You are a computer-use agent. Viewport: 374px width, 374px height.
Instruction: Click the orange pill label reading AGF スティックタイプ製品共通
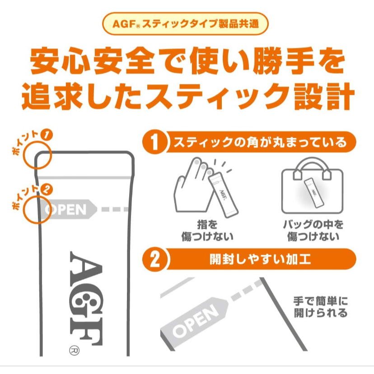pos(185,24)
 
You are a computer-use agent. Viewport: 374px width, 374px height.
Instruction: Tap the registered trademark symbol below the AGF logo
pos(74,351)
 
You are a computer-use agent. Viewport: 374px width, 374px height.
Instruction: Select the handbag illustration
pos(312,185)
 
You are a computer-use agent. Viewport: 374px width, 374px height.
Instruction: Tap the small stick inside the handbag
pos(312,193)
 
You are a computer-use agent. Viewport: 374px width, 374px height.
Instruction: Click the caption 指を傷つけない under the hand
pos(207,231)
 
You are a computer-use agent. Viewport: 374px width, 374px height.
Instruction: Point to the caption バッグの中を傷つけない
pos(313,231)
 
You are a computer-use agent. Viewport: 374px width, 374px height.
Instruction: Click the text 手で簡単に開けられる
pos(321,307)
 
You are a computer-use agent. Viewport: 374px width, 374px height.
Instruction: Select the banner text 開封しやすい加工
pos(260,259)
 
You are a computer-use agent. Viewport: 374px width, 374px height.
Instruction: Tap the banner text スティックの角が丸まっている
pos(260,142)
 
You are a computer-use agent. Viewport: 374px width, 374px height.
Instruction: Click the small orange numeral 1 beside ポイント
pos(47,135)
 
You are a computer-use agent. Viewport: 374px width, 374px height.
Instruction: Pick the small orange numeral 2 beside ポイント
pos(47,190)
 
